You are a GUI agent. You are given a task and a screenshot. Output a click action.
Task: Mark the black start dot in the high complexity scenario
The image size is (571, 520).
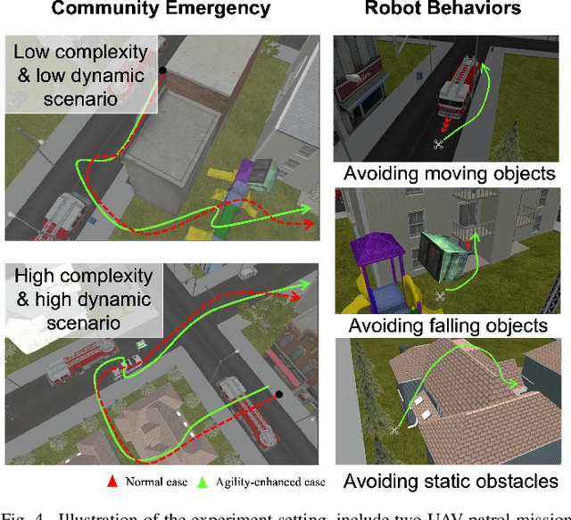(278, 393)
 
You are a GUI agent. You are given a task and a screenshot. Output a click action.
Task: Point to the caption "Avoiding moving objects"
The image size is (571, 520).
(450, 173)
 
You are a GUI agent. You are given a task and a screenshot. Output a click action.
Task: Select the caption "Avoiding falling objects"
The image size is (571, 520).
(448, 326)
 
